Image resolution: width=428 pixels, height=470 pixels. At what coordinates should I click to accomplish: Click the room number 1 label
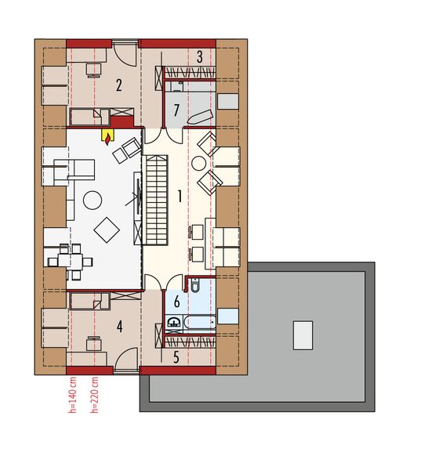tap(180, 196)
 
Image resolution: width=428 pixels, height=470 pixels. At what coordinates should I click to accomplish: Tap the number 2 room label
tap(119, 85)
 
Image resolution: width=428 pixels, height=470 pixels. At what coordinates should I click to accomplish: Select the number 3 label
tap(200, 56)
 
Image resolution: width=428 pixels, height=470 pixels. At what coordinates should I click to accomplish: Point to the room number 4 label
tap(120, 327)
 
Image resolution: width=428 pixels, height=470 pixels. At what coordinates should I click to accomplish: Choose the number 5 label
tap(176, 357)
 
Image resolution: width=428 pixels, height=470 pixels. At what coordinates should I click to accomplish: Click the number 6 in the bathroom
tap(177, 302)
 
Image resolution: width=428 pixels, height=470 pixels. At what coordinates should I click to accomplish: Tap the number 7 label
tap(176, 110)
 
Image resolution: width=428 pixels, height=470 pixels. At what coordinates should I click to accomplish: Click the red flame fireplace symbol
tap(107, 138)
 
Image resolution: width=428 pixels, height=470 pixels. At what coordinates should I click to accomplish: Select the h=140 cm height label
tap(73, 395)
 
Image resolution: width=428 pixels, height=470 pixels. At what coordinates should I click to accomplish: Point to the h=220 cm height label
tap(95, 395)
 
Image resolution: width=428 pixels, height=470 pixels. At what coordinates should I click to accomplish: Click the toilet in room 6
tap(195, 285)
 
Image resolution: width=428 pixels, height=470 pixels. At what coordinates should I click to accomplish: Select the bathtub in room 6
tap(199, 322)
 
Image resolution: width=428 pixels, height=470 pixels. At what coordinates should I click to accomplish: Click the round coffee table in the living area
tap(92, 201)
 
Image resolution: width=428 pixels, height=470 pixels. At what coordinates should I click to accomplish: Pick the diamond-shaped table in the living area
tap(107, 230)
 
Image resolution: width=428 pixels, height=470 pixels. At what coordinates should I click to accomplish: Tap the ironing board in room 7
tap(200, 117)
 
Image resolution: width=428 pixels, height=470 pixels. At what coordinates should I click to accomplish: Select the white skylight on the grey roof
tap(303, 335)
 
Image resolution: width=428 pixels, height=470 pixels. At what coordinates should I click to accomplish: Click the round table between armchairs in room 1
tap(198, 164)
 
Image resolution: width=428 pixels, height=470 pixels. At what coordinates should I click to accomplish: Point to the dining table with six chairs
tap(71, 262)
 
